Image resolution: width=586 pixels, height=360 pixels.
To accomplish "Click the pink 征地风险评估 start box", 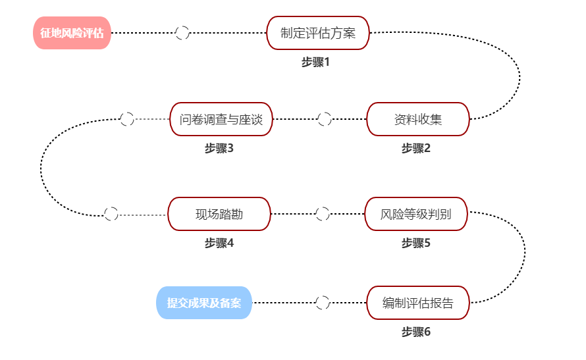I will [72, 33].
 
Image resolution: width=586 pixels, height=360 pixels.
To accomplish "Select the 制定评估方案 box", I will [318, 33].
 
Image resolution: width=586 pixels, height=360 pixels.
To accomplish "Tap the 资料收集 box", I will [417, 119].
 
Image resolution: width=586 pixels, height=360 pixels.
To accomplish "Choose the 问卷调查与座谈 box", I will [221, 119].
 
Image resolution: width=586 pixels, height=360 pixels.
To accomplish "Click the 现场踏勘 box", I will [219, 214].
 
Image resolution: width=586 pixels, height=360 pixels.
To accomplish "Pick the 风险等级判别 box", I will [416, 214].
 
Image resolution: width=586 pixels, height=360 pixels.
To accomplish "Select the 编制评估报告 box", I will [417, 303].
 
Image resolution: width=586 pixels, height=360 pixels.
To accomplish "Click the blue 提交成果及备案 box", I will [204, 303].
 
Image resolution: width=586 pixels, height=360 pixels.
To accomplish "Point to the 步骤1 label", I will [315, 63].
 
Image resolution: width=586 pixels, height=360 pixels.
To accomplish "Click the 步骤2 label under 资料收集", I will [416, 149].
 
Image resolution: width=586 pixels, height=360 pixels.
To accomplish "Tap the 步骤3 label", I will [219, 149].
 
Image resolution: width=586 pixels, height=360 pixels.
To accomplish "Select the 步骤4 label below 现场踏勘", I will [219, 244].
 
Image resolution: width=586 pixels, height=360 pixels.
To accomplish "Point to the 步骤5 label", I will [416, 244].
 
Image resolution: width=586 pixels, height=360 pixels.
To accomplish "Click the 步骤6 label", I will [416, 332].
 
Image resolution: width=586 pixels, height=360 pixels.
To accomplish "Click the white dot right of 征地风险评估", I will [182, 33].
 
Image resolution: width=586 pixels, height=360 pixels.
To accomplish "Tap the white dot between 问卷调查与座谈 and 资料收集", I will [324, 119].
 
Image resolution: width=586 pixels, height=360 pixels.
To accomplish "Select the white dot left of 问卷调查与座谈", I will [127, 119].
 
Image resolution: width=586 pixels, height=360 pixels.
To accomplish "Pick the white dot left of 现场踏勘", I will [111, 214].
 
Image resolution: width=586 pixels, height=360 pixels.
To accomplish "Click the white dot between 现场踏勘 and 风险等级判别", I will [322, 214].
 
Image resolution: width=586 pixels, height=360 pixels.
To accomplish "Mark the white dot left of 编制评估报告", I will [322, 303].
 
